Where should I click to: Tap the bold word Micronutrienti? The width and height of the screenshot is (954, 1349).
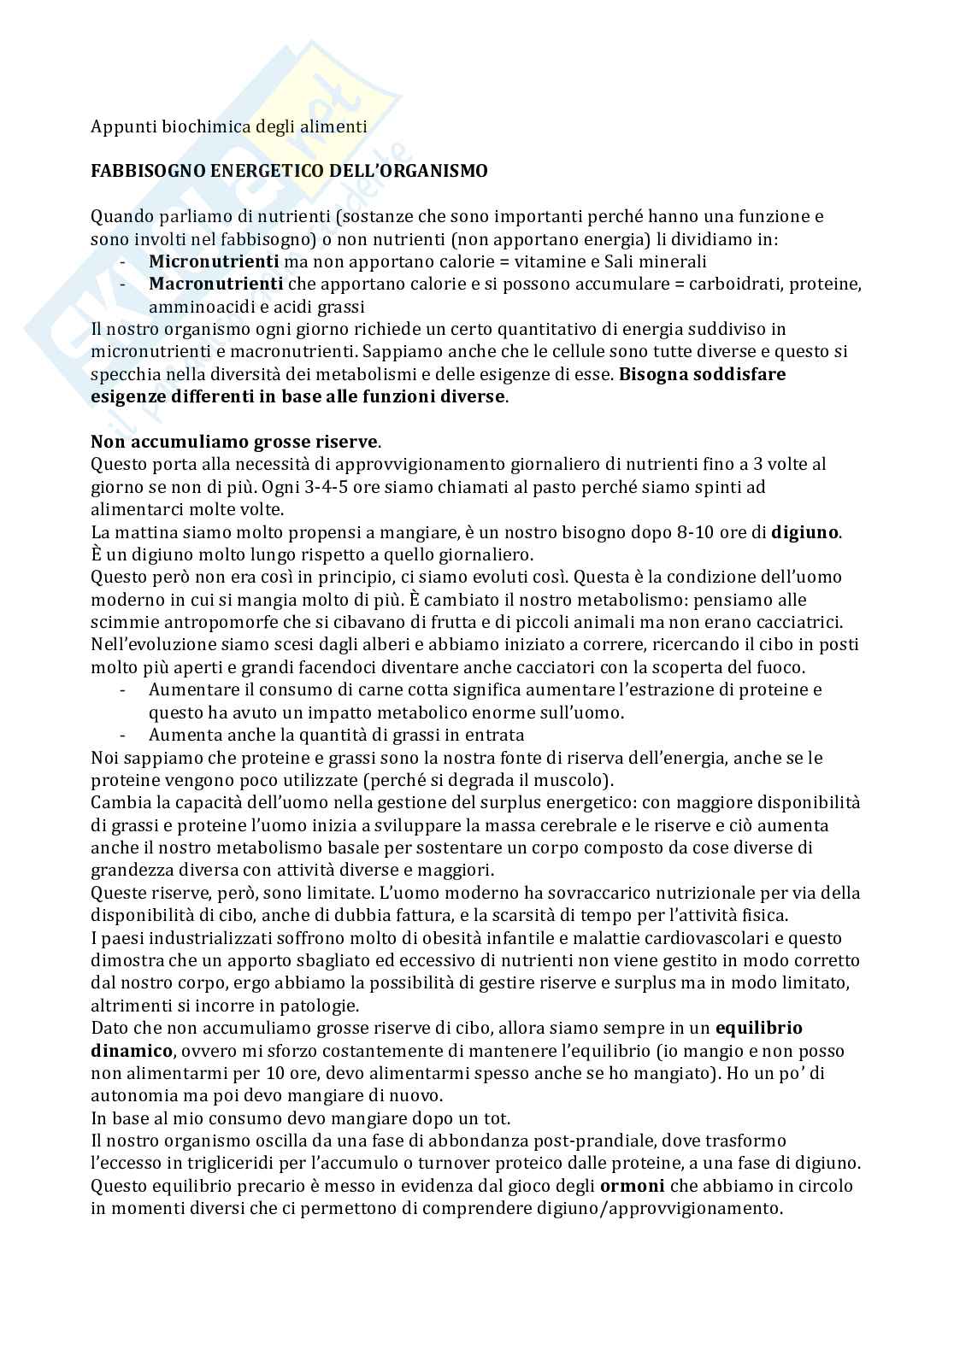214,261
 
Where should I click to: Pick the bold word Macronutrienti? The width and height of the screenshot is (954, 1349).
215,284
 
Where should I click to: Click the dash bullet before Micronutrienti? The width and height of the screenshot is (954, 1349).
125,261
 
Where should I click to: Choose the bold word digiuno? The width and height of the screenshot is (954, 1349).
805,532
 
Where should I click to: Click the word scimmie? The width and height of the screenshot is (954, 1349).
122,622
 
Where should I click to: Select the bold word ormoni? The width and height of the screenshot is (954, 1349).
632,1186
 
